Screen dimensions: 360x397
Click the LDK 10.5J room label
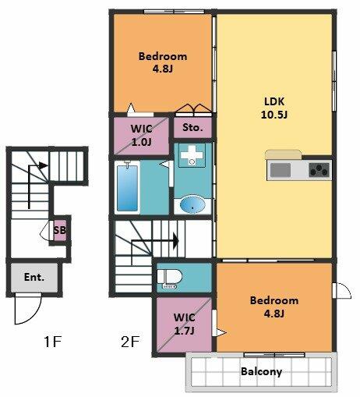274,108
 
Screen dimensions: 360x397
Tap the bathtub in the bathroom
127,188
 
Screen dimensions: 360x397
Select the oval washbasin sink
192,204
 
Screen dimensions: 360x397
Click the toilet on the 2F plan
170,278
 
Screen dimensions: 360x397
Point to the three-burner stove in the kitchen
319,170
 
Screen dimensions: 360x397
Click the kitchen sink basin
281,170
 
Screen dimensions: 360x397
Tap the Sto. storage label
192,127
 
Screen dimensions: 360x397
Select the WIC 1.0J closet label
142,135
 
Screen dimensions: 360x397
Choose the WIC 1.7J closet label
185,324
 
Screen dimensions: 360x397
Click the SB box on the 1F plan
60,230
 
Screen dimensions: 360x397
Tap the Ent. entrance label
34,277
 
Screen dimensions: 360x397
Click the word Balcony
261,371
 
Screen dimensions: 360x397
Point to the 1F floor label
53,342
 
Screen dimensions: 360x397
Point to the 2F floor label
130,342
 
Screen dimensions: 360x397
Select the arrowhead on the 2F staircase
176,241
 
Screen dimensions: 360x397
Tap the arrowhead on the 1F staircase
44,165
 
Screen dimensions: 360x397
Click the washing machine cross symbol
192,155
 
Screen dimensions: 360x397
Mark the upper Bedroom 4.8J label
163,62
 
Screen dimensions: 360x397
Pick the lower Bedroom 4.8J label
274,307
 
